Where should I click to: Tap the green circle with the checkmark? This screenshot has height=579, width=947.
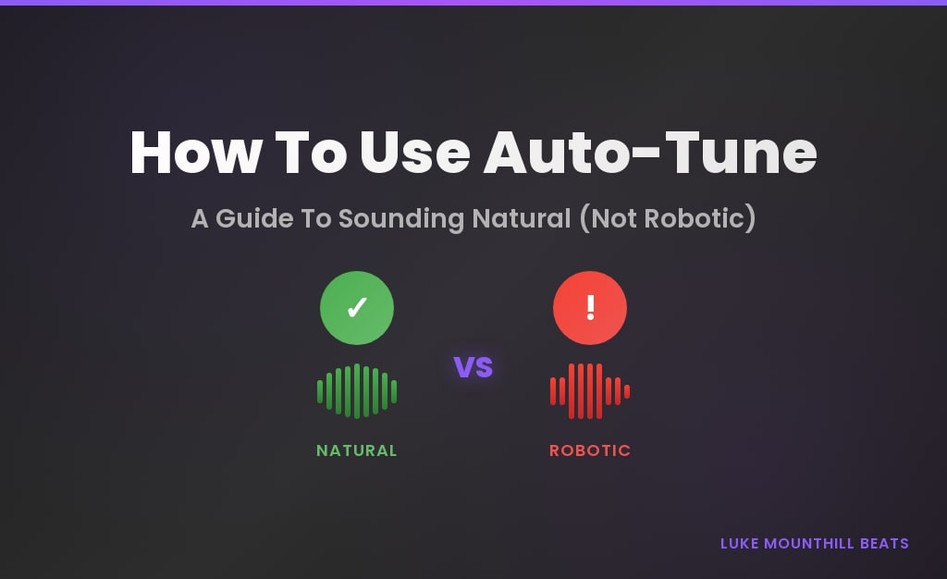[357, 308]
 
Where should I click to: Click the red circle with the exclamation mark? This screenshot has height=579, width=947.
[590, 308]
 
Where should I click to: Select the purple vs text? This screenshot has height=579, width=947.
[473, 366]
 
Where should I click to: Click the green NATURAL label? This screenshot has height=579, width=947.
[357, 450]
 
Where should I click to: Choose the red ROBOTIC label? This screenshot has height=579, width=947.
[590, 450]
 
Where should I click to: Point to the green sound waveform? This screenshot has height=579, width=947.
[357, 391]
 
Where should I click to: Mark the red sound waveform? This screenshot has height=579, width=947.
[590, 391]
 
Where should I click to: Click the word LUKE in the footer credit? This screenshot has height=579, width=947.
[740, 543]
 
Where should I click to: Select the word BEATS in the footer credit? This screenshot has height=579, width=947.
[887, 543]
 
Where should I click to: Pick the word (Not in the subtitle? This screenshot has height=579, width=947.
[611, 219]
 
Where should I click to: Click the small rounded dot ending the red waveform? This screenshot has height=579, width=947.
[627, 391]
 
